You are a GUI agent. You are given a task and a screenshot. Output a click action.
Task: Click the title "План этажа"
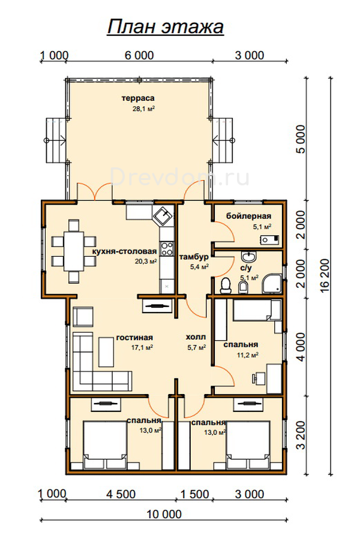pyautogui.click(x=166, y=27)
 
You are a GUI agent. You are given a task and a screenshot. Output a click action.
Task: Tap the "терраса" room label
pyautogui.click(x=138, y=99)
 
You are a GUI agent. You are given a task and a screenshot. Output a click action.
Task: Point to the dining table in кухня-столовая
pyautogui.click(x=74, y=251)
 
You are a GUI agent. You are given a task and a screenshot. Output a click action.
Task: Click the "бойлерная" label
pyautogui.click(x=248, y=217)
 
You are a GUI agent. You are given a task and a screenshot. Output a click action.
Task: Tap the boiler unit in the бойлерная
pyautogui.click(x=269, y=239)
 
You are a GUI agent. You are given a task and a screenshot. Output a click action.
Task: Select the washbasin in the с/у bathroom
pyautogui.click(x=248, y=256)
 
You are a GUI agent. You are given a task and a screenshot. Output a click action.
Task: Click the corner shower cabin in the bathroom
pyautogui.click(x=272, y=284)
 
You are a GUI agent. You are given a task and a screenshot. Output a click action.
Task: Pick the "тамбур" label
pyautogui.click(x=194, y=257)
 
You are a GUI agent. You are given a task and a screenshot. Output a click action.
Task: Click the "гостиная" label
pyautogui.click(x=134, y=338)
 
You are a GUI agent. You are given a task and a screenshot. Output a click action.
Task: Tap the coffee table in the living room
pyautogui.click(x=106, y=351)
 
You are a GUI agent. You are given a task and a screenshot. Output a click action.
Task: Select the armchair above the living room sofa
pyautogui.click(x=83, y=317)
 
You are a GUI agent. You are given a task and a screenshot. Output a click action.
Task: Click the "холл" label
pyautogui.click(x=196, y=337)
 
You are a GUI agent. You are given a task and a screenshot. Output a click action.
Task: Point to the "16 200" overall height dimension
pyautogui.click(x=325, y=276)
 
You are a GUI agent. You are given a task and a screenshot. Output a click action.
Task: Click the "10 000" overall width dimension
pyautogui.click(x=164, y=514)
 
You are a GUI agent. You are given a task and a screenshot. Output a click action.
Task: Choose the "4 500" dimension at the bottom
pyautogui.click(x=121, y=494)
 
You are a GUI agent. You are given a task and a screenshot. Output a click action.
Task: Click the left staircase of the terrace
pyautogui.click(x=56, y=140)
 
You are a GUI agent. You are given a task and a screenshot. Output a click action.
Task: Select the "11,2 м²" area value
pyautogui.click(x=248, y=355)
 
